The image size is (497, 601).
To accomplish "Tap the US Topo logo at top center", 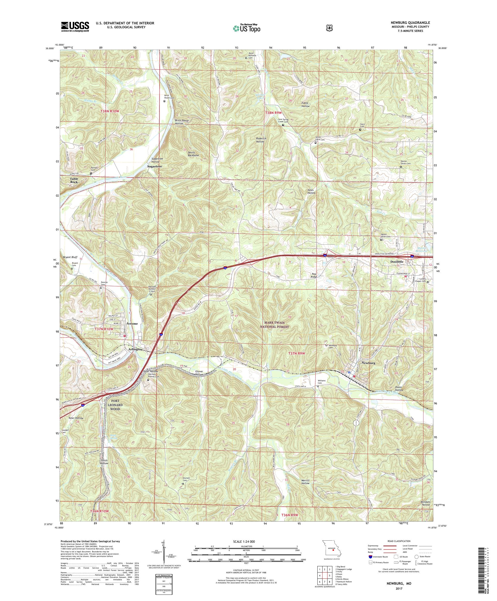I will (x=246, y=28).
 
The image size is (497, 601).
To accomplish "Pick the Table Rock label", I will (x=74, y=180).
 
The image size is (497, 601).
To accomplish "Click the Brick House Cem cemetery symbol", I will (x=164, y=101).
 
